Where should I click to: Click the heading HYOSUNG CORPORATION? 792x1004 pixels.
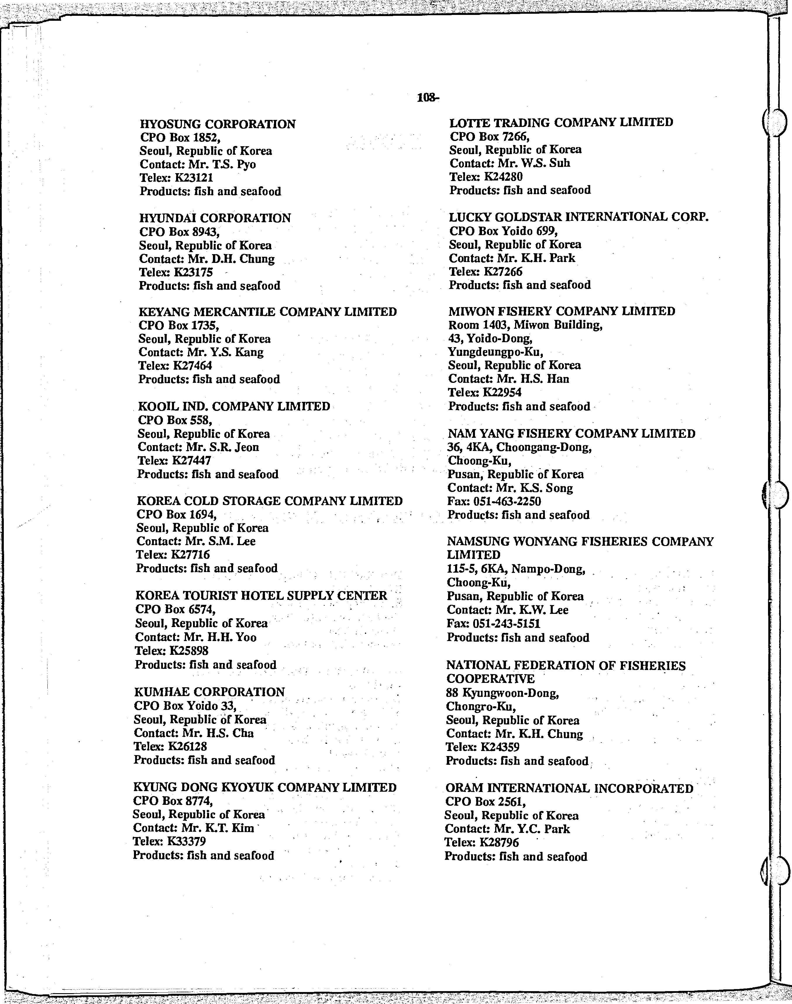[218, 124]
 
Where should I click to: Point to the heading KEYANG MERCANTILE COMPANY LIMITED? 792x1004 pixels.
[268, 312]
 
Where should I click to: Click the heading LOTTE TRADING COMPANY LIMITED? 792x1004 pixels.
[561, 123]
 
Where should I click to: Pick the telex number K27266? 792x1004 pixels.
[503, 271]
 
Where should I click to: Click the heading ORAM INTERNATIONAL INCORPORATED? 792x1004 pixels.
[569, 788]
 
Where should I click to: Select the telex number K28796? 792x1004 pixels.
[500, 842]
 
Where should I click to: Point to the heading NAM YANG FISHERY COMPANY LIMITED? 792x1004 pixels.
[571, 434]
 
